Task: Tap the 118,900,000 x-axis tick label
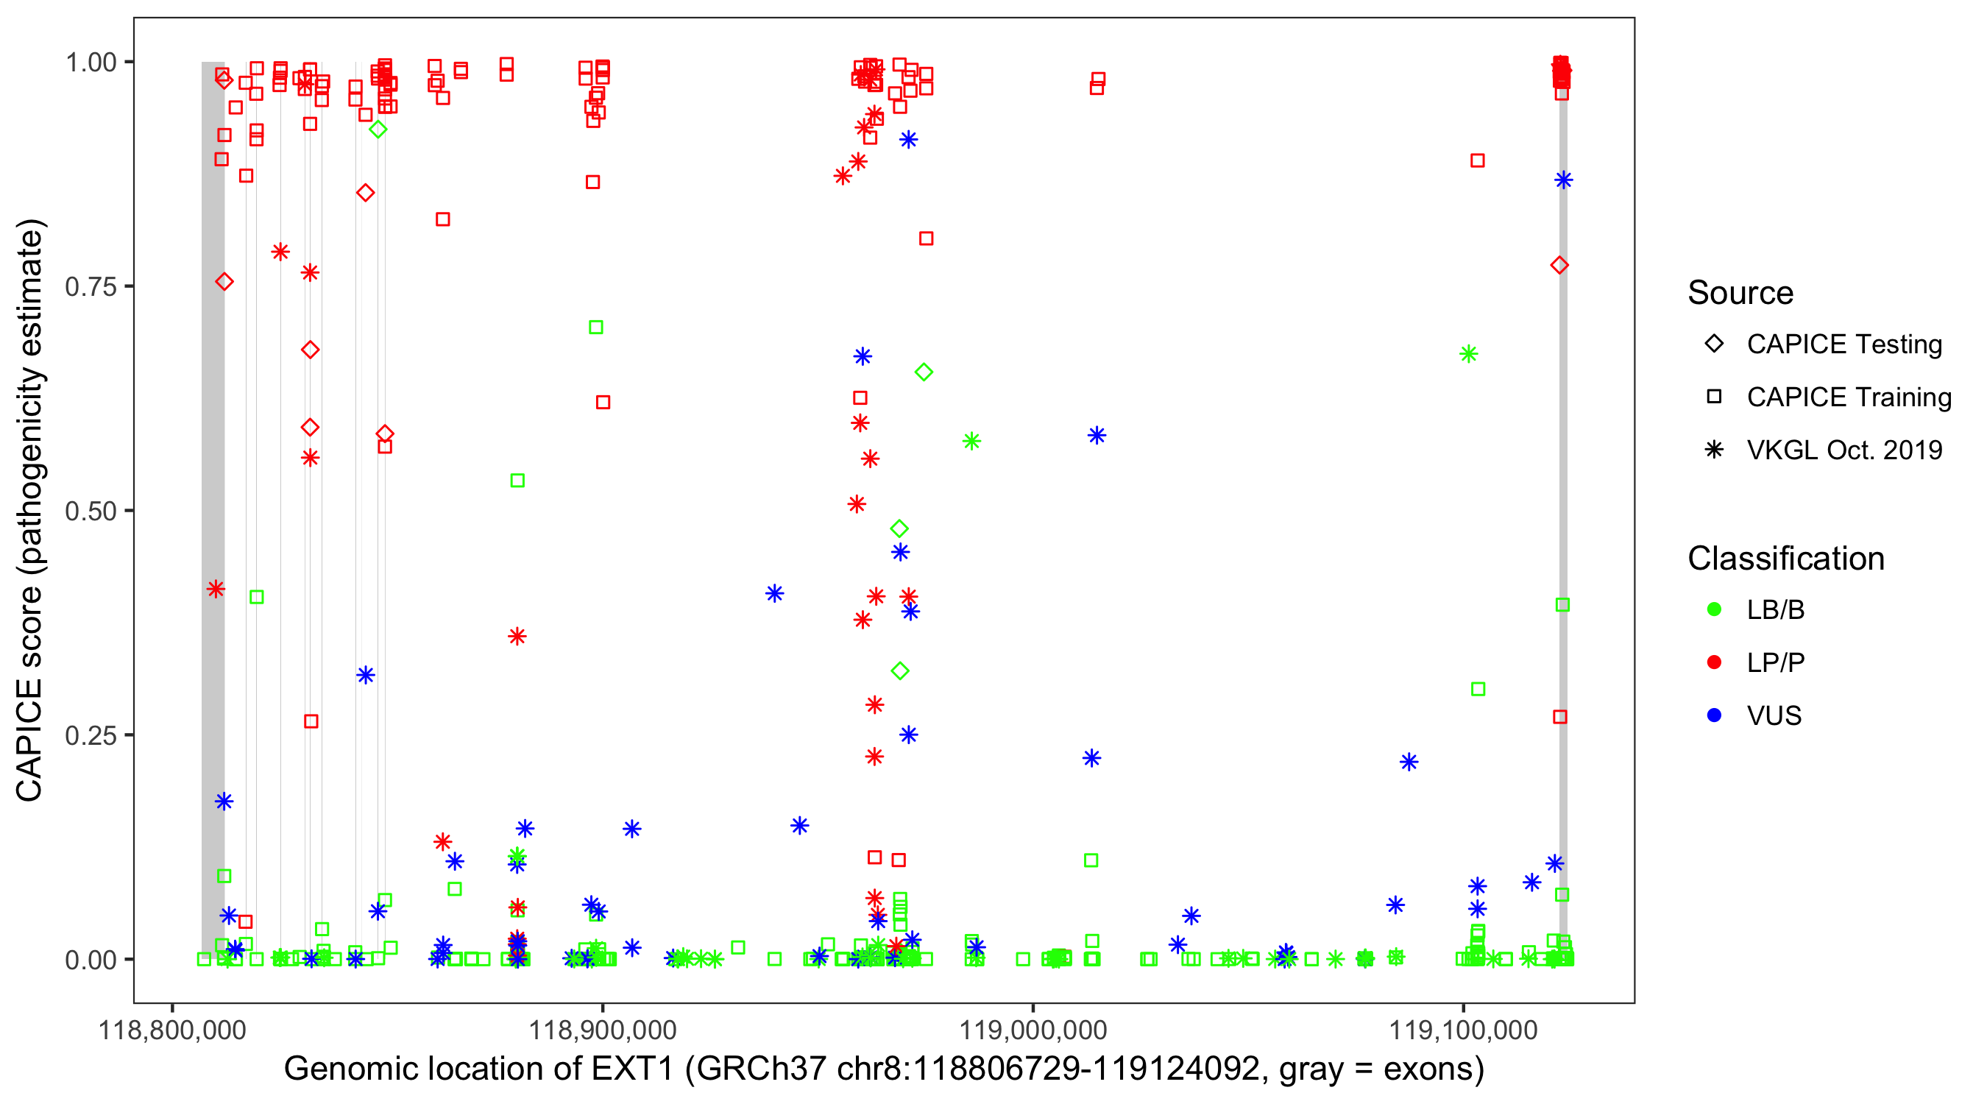pyautogui.click(x=602, y=1030)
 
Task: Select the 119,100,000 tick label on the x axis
pyautogui.click(x=1463, y=1030)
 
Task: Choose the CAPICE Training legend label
pyautogui.click(x=1849, y=397)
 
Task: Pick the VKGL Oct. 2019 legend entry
pyautogui.click(x=1844, y=450)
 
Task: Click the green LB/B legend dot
pyautogui.click(x=1714, y=610)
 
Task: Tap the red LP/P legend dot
pyautogui.click(x=1714, y=662)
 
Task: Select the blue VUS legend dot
pyautogui.click(x=1714, y=716)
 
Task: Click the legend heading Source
pyautogui.click(x=1740, y=293)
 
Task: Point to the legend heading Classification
pyautogui.click(x=1785, y=559)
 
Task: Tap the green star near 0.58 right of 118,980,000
pyautogui.click(x=971, y=442)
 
